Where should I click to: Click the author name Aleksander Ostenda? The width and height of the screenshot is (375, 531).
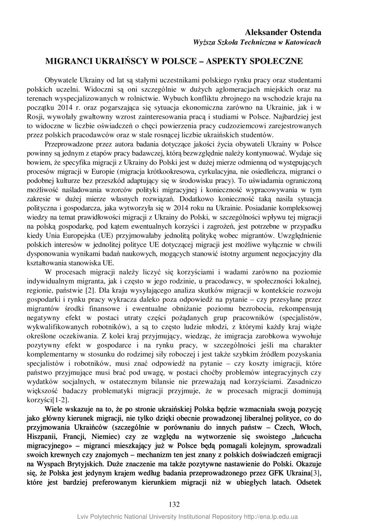(283, 33)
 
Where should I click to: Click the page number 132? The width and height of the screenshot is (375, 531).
(174, 504)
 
